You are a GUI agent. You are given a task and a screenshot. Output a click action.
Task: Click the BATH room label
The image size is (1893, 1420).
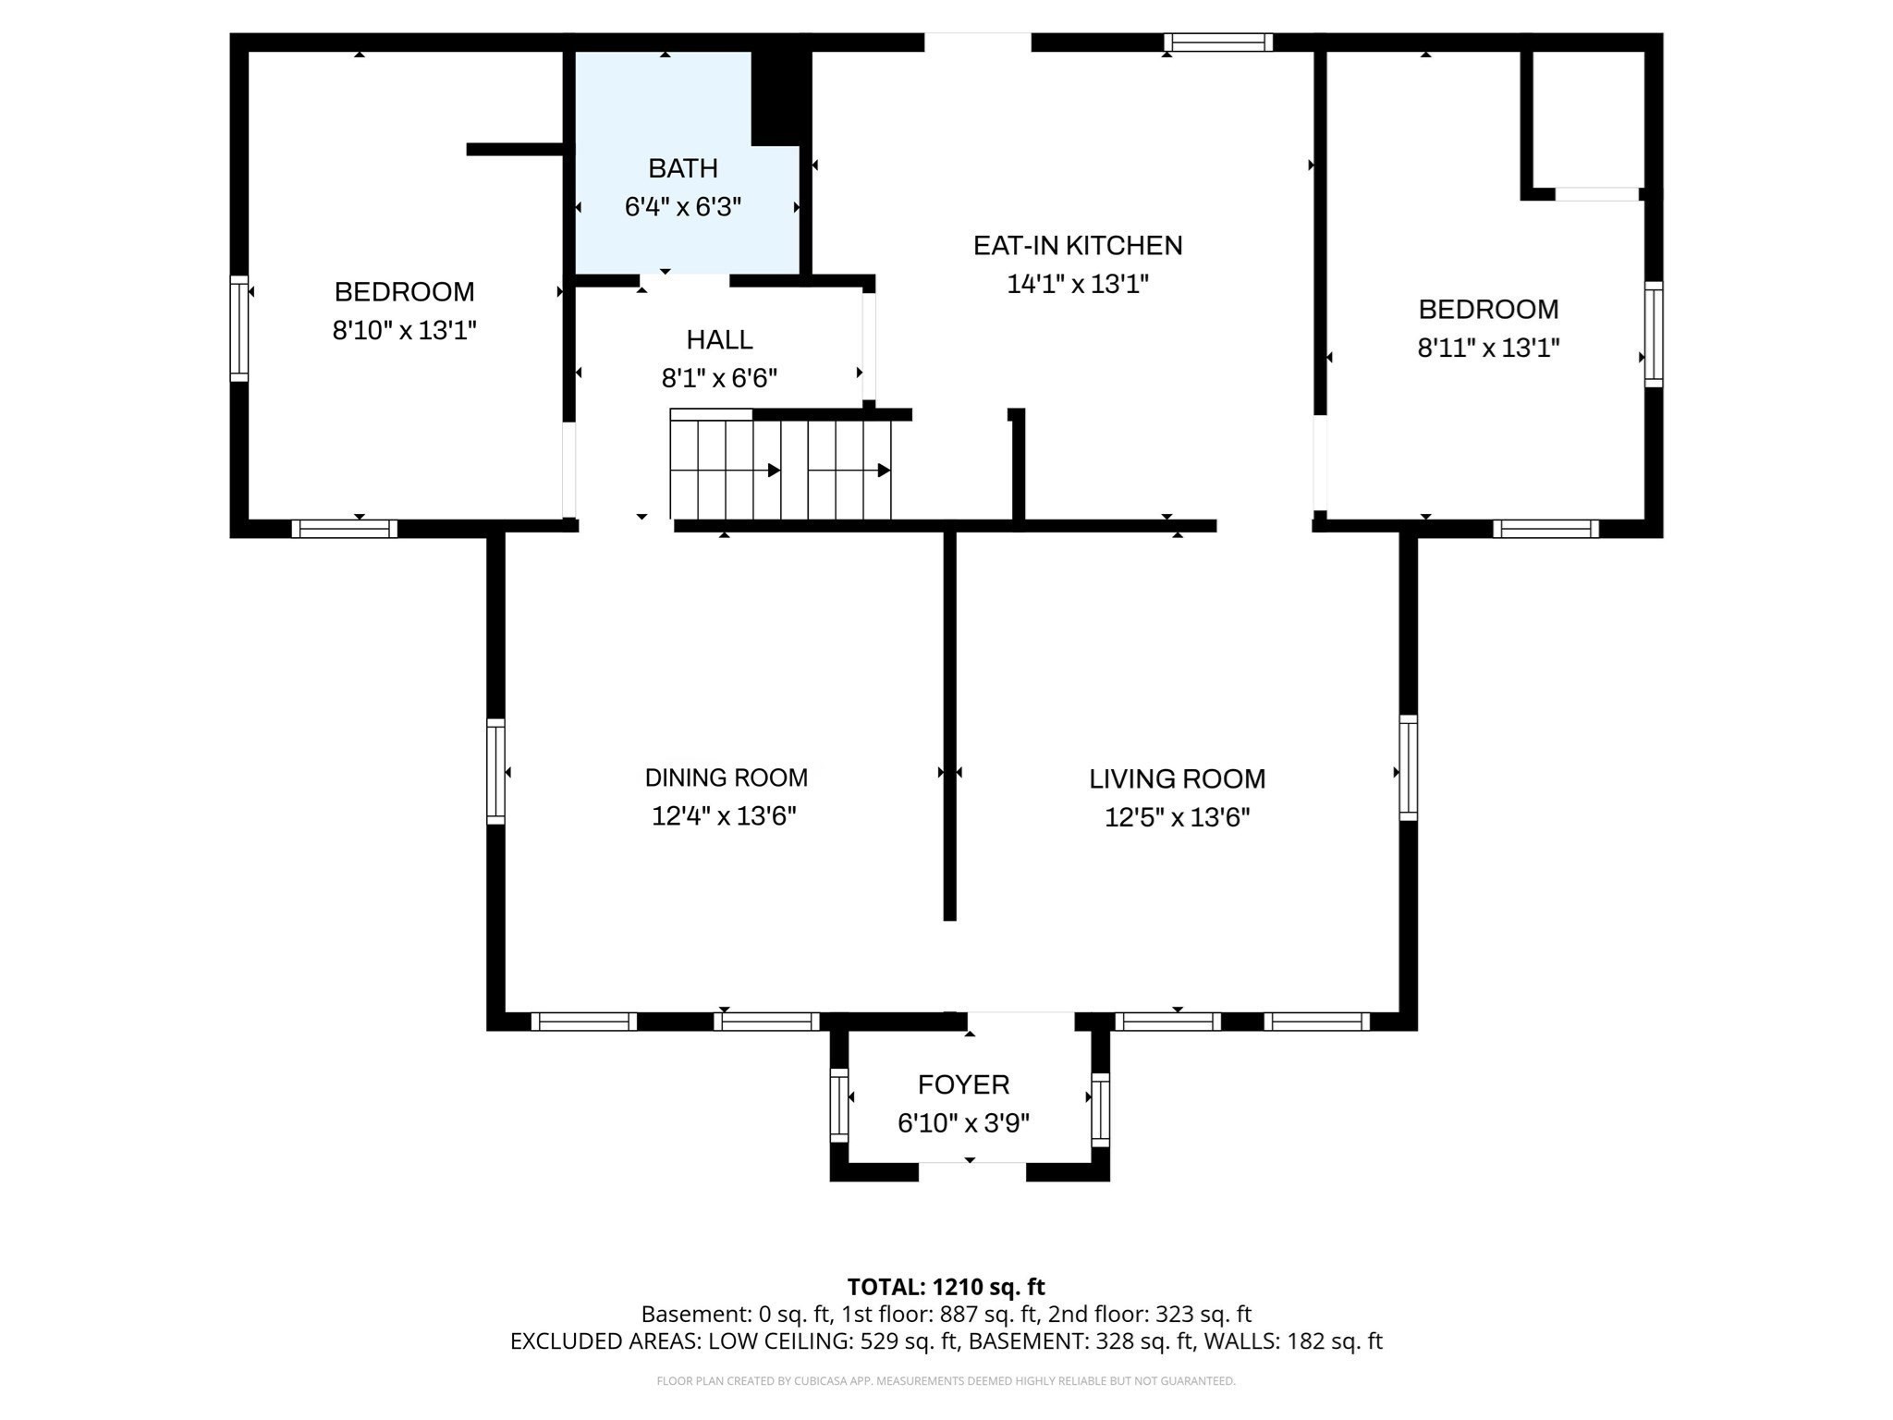[682, 168]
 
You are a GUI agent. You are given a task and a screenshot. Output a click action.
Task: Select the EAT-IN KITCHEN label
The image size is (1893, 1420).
[1077, 245]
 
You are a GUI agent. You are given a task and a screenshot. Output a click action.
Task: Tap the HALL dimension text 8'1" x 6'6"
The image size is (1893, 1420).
[719, 378]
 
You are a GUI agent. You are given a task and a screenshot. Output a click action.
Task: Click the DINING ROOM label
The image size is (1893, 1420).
[726, 777]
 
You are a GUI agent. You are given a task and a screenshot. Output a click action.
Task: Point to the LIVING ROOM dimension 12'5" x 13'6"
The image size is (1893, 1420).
[1177, 817]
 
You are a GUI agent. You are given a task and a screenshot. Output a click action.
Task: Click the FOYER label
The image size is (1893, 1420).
[963, 1083]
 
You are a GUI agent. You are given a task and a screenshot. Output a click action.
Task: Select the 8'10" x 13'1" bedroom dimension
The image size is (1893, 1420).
[404, 330]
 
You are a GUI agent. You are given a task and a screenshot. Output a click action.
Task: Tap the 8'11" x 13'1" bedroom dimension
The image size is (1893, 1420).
[1488, 348]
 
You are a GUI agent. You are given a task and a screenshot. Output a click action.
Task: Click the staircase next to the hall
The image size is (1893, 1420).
[781, 470]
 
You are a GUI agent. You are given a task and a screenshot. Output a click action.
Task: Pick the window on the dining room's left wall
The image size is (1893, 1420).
[496, 771]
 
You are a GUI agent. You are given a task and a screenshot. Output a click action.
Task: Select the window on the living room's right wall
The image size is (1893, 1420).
[1408, 767]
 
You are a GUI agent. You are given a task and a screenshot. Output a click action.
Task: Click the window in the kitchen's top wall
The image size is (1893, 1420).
[1217, 43]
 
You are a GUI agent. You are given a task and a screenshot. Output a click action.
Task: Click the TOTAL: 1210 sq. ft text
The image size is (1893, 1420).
[946, 1286]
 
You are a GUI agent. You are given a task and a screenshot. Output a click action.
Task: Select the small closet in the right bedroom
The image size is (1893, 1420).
[1586, 120]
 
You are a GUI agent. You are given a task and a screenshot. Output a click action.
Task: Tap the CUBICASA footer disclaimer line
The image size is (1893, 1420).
[946, 1381]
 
